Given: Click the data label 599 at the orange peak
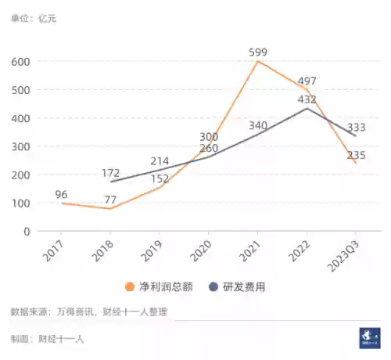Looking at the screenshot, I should pyautogui.click(x=259, y=53).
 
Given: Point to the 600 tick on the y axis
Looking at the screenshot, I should pyautogui.click(x=20, y=61).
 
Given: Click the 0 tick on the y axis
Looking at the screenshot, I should pyautogui.click(x=27, y=232).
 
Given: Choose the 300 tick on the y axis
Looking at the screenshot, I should pyautogui.click(x=20, y=146).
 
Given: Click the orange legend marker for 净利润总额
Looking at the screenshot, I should pyautogui.click(x=131, y=287).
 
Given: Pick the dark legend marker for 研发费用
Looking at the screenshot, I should pyautogui.click(x=212, y=287).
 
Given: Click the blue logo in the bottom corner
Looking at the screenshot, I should pyautogui.click(x=369, y=337).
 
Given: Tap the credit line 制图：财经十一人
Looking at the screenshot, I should pyautogui.click(x=48, y=339).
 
